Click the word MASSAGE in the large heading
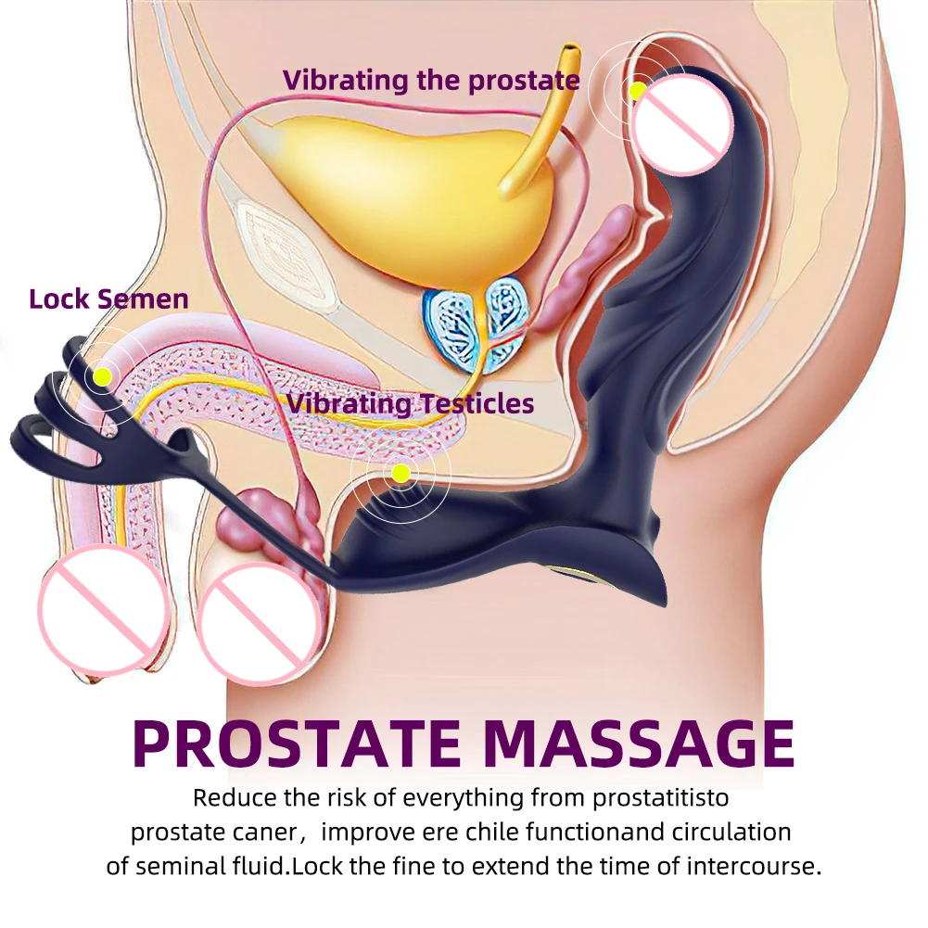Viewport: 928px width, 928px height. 640,743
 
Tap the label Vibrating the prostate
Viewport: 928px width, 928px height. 431,80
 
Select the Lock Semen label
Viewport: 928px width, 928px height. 108,299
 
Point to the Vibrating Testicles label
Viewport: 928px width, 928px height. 410,403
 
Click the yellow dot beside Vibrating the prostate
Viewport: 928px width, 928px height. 637,91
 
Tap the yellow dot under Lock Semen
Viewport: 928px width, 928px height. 102,375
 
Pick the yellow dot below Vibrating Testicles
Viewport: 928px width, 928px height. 400,474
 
